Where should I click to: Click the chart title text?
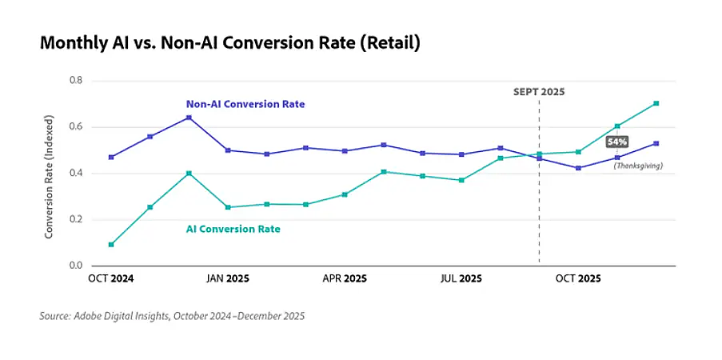(230, 43)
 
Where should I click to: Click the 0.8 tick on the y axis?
(76, 81)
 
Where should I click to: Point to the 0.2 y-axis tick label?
(76, 219)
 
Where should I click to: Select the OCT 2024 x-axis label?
(110, 279)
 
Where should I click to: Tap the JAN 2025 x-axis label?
(227, 279)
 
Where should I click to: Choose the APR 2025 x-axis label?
(345, 279)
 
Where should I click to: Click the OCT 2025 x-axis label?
(578, 279)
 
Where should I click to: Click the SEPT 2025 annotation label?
(539, 92)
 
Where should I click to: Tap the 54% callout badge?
(617, 142)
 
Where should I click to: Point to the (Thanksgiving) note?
(638, 166)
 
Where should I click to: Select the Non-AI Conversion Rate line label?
(245, 104)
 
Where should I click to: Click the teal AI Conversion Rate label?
(233, 230)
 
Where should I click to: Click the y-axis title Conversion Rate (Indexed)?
(50, 173)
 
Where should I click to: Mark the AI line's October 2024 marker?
(111, 245)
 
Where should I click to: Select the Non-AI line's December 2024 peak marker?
(189, 118)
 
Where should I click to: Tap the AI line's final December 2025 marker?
(656, 103)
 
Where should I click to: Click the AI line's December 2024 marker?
(189, 173)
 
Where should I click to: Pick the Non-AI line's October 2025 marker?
(578, 168)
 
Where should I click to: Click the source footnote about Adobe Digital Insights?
(172, 316)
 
